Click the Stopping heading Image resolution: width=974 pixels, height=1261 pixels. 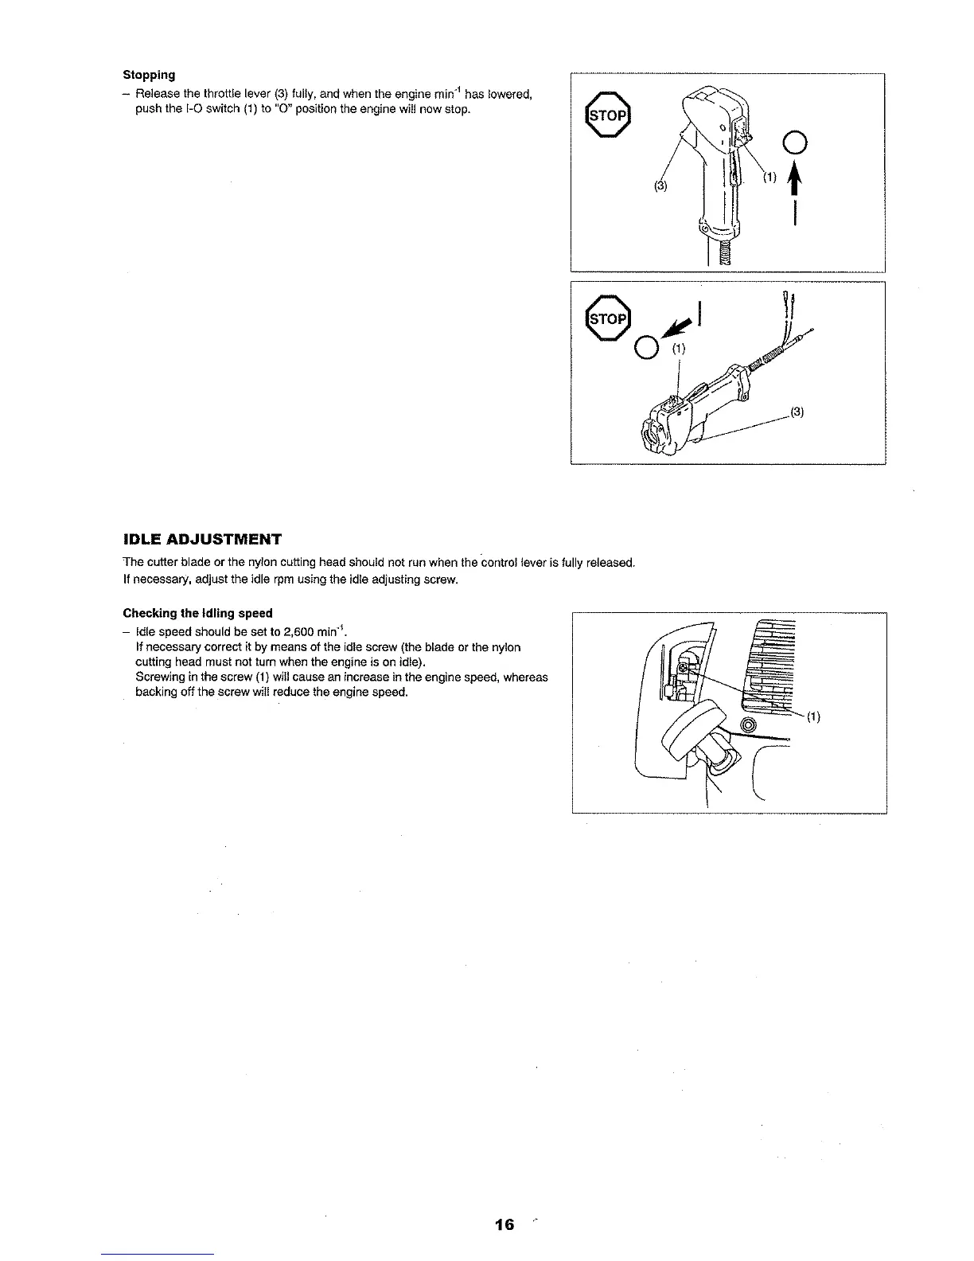(149, 75)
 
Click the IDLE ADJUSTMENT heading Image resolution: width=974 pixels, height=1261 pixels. (202, 539)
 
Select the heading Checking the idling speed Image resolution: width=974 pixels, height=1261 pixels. (197, 613)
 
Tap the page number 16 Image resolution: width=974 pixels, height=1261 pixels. (504, 1224)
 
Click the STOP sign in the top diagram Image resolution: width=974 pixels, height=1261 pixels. (607, 116)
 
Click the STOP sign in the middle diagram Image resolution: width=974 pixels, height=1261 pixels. (607, 318)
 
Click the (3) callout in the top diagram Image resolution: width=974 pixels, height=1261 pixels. (660, 187)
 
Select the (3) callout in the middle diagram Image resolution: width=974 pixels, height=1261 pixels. (797, 412)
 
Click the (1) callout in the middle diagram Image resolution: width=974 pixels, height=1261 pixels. (677, 348)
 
